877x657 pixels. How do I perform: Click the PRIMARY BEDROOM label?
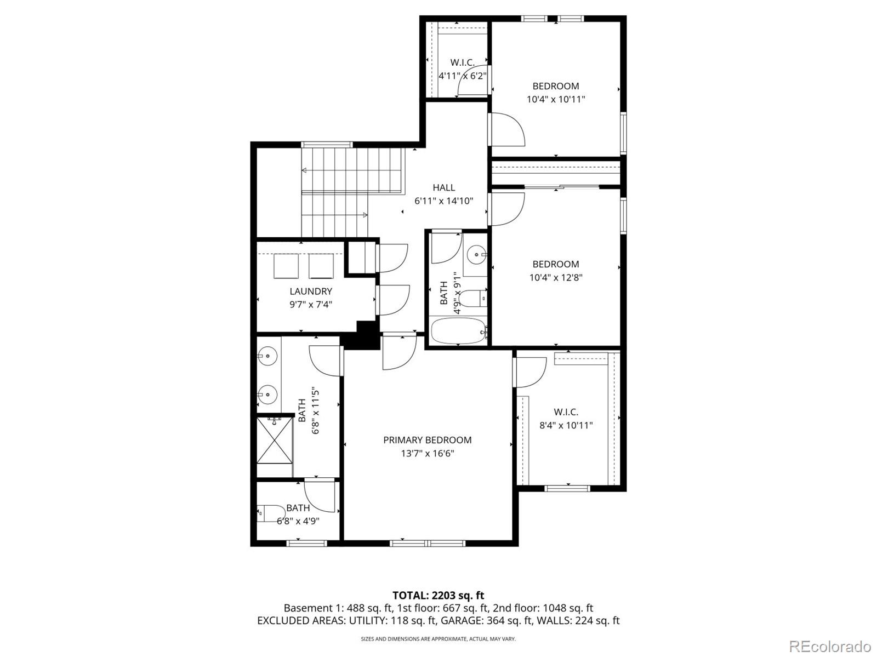click(x=427, y=440)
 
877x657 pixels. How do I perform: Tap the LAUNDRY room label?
click(x=311, y=292)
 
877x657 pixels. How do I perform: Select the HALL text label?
click(x=443, y=187)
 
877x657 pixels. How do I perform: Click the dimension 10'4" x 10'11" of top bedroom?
click(x=556, y=99)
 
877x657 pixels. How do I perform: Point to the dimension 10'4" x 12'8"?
click(x=556, y=277)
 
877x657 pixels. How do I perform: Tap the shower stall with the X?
click(x=275, y=440)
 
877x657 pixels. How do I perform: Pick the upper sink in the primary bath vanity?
click(x=267, y=357)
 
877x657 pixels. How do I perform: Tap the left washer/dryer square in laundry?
click(x=286, y=267)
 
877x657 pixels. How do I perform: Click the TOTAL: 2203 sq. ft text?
click(x=438, y=595)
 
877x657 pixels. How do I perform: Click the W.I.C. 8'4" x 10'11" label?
click(x=566, y=419)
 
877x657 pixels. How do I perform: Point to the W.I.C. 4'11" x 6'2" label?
click(x=462, y=69)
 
